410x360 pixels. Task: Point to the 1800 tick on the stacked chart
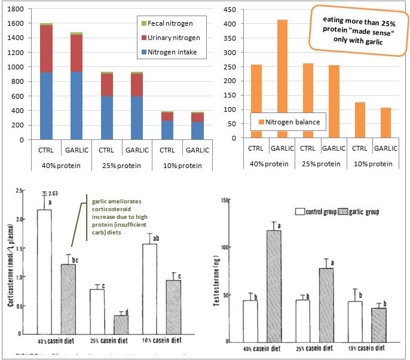pos(15,10)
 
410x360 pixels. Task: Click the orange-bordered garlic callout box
pos(356,30)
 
